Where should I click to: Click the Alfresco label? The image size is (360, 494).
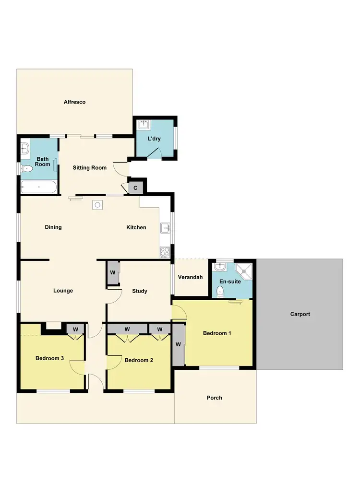pos(74,102)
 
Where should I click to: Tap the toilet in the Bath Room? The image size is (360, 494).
pos(27,168)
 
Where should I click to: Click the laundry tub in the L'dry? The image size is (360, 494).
pos(143,126)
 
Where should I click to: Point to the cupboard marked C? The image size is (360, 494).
pos(135,188)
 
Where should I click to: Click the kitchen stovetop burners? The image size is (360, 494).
pos(164,251)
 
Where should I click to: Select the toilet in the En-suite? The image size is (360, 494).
pos(220,291)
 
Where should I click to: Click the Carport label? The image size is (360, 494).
pos(300,314)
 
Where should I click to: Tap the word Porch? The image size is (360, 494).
pos(214,398)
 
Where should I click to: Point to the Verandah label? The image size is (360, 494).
pos(191,277)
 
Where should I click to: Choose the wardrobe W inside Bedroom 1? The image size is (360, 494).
pos(179,344)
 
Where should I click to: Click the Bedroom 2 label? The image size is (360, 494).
pos(139,360)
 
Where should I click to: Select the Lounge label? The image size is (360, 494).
pos(63,290)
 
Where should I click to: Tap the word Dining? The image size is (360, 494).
pos(53,227)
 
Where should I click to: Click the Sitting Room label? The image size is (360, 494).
pos(89,168)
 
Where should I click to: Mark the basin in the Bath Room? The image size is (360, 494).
pos(25,150)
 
